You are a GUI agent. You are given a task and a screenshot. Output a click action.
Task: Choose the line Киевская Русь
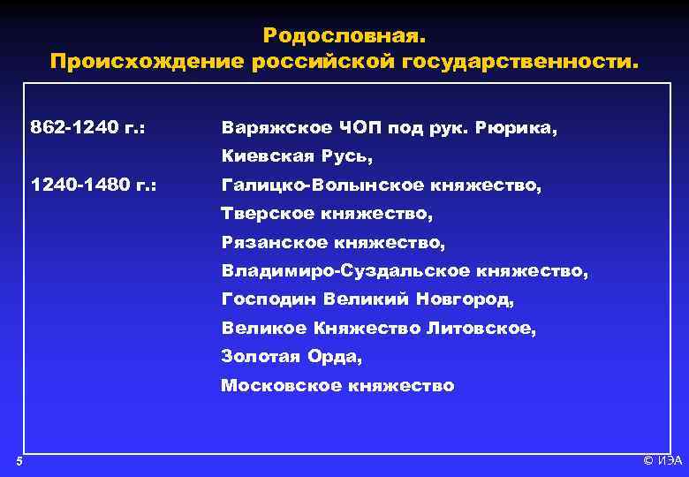coord(298,156)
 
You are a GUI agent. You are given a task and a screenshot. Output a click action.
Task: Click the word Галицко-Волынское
coord(323,185)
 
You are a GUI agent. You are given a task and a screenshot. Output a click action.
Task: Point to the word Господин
coord(269,299)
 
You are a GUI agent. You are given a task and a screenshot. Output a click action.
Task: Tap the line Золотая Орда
coord(291,356)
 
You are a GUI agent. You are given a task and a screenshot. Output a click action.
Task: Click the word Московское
coord(281,385)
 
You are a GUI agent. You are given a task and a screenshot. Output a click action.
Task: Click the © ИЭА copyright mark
coord(662,461)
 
